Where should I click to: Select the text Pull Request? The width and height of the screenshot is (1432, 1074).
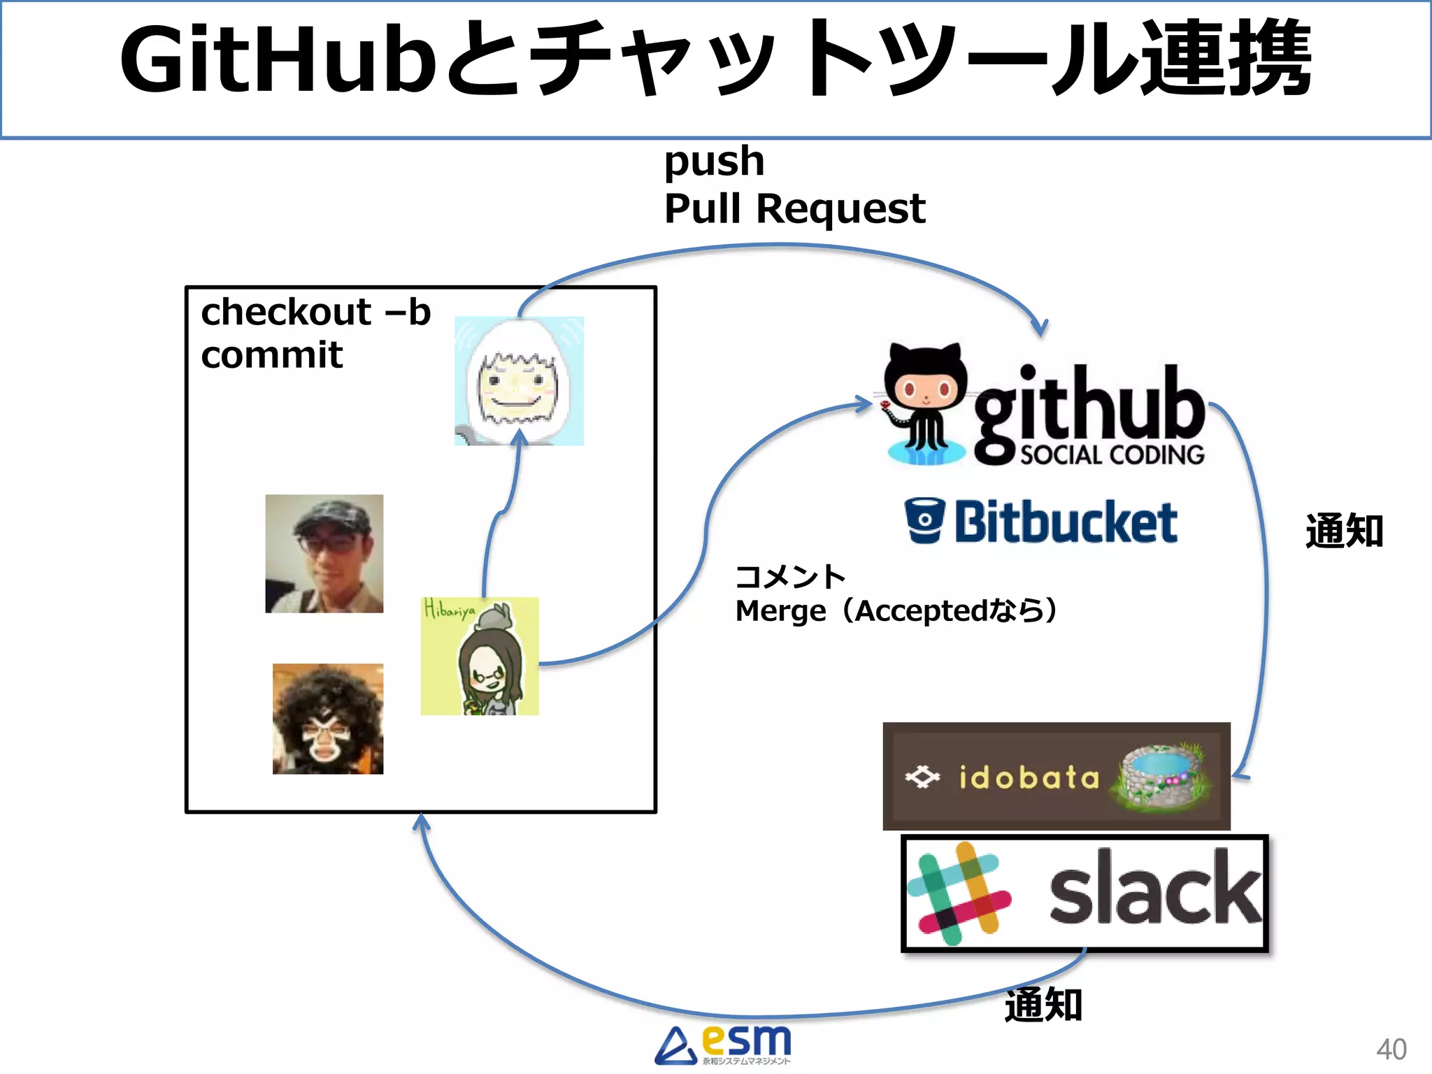794,208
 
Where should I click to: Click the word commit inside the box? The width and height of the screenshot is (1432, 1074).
271,355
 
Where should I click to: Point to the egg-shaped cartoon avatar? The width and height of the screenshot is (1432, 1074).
519,381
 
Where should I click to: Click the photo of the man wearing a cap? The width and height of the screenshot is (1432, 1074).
324,554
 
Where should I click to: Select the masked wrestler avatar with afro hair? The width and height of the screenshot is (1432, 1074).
328,719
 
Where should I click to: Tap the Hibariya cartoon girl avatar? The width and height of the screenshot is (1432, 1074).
480,656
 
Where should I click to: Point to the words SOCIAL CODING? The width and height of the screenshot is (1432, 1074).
1112,455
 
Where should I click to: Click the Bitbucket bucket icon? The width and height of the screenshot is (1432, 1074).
924,521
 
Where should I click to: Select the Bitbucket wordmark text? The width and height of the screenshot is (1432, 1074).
1066,522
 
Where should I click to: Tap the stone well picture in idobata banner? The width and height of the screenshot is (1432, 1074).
1162,776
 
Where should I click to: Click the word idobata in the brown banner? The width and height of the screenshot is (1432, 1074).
1028,778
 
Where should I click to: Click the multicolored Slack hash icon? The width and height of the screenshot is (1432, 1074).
958,894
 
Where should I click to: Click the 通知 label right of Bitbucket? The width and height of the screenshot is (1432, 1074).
1344,531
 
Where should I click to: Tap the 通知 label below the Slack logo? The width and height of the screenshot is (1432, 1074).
1043,1005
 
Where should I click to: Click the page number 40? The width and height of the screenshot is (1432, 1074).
1391,1049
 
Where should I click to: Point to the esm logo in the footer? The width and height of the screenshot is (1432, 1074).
724,1045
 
